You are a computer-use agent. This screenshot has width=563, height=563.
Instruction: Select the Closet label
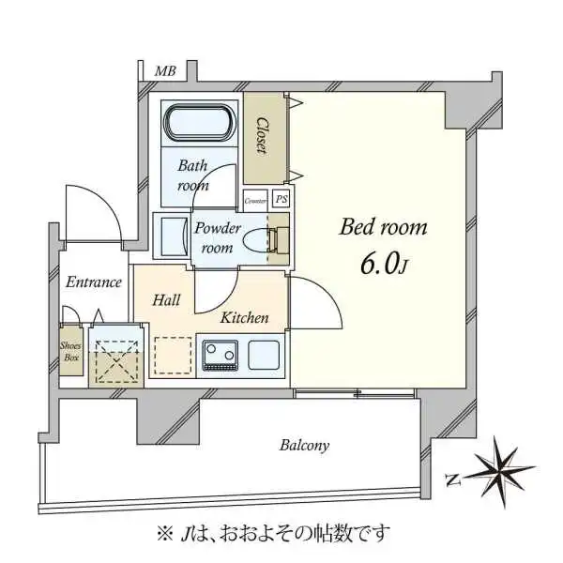(x=265, y=137)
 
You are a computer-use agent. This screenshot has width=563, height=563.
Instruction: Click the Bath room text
(x=193, y=175)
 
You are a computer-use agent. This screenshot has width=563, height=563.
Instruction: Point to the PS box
(x=281, y=199)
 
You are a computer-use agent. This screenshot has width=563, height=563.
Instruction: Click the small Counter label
(x=255, y=200)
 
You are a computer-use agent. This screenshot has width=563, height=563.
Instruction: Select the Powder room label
(x=218, y=238)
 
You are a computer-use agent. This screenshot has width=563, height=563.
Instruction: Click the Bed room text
(x=383, y=227)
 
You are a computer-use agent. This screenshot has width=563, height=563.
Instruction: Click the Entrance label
(x=94, y=281)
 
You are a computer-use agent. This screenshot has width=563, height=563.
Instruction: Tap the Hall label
(x=167, y=300)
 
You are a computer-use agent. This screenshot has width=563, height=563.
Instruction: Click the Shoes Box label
(x=71, y=351)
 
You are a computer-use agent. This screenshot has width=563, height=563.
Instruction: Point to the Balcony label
(x=304, y=446)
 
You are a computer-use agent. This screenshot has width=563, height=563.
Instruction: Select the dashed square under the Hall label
(x=172, y=356)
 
